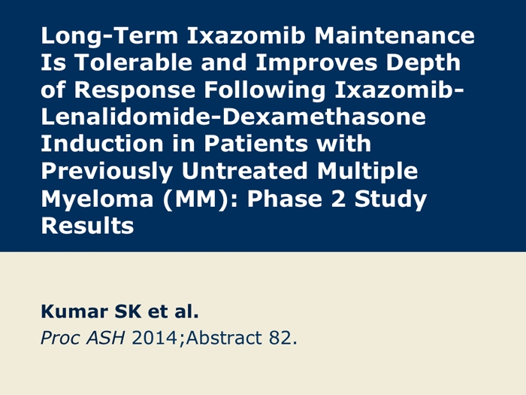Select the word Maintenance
point(394,35)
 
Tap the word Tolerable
point(133,62)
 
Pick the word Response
point(135,91)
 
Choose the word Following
point(265,91)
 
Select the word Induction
point(102,144)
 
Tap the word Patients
point(256,144)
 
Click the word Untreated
point(245,171)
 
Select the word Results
point(87,226)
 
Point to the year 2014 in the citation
point(154,338)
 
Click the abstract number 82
point(280,338)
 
